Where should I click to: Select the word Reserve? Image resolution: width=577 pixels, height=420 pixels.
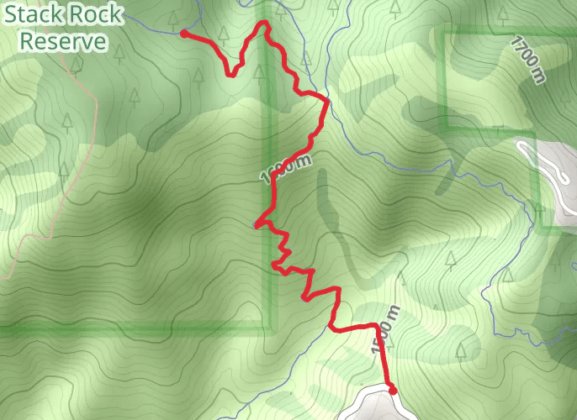64,40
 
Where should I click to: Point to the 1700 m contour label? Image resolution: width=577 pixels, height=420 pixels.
527,59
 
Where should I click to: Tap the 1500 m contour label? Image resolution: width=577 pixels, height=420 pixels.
383,333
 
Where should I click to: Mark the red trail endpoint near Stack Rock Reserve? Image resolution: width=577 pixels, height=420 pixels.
184,34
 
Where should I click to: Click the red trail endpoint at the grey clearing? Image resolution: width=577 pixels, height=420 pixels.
392,388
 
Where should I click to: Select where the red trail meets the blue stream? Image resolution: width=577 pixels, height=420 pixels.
326,101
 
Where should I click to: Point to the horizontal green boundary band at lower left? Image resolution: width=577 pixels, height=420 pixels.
126,328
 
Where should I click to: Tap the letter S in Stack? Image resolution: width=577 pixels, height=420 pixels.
11,14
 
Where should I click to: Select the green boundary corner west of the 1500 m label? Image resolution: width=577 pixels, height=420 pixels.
272,326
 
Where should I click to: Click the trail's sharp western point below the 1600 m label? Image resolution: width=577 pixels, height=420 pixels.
256,224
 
